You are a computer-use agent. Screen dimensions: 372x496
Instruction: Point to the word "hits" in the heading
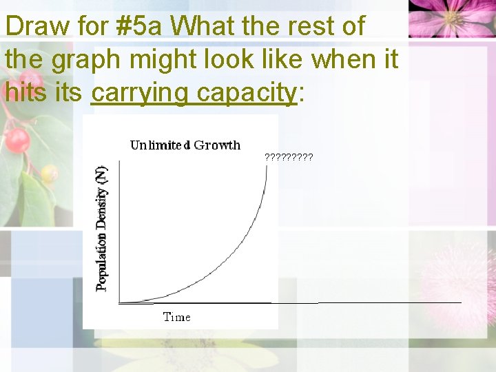23,92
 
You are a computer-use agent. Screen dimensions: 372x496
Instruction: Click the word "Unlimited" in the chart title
160,145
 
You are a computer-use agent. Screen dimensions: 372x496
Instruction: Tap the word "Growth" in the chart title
217,145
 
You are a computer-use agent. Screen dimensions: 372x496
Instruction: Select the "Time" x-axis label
176,317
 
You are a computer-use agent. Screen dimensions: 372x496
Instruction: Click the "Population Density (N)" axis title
102,227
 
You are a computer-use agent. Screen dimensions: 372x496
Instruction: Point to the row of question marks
289,157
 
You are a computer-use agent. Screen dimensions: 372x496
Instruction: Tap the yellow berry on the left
49,174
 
